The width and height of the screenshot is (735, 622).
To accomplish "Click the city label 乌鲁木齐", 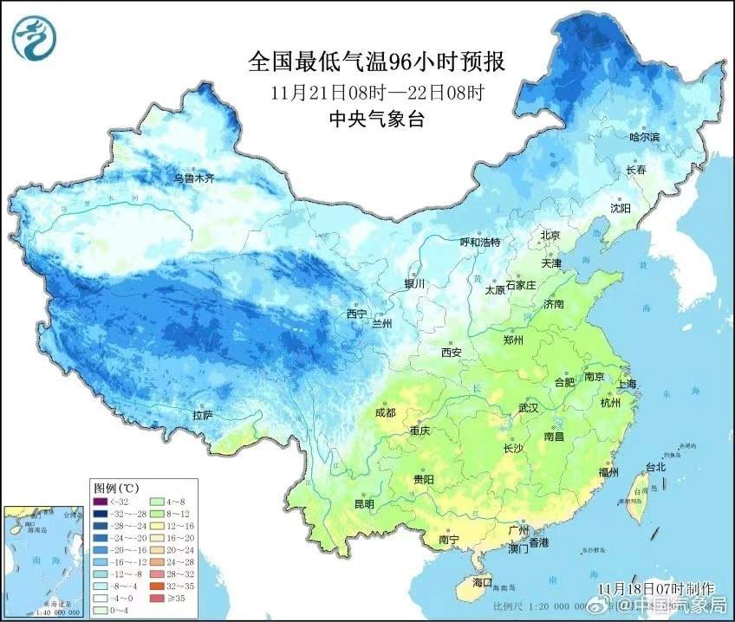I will pos(193,178).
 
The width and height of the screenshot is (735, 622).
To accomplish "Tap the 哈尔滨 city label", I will pos(644,137).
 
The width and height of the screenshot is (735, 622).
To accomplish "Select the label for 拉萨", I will pos(202,416).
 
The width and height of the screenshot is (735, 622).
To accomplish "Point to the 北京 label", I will pos(551,235).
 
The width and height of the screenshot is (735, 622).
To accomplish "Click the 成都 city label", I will pos(385,412).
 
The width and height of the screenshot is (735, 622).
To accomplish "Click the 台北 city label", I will pos(655,467).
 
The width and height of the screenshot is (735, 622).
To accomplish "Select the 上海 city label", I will pos(626,384).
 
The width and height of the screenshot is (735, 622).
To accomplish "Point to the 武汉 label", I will pos(528,407).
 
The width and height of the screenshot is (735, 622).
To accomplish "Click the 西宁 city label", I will pos(356,314).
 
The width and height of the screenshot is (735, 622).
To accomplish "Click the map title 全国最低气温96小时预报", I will pos(376,62).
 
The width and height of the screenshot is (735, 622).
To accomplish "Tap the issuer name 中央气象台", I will pos(376,120).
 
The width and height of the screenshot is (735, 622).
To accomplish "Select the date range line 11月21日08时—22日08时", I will pos(376,92).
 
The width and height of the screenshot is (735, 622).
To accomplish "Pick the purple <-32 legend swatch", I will pos(100,500).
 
